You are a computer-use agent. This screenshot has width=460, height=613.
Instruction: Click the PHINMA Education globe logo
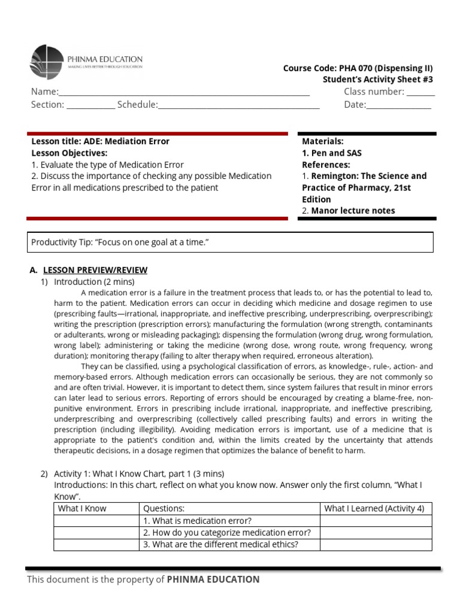coord(46,62)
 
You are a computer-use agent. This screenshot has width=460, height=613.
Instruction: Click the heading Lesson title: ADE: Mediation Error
coord(100,141)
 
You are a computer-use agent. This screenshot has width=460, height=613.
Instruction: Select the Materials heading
coord(322,141)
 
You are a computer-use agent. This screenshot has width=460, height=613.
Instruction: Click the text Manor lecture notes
coord(353,210)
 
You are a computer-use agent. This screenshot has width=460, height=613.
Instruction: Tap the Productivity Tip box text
coord(120,242)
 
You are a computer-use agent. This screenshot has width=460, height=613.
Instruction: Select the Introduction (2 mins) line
coord(94,281)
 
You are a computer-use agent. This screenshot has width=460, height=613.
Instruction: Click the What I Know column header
coord(82,508)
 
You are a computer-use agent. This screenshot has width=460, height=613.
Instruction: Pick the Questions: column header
coord(164,508)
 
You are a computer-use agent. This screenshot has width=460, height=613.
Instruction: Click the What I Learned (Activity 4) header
coord(374,508)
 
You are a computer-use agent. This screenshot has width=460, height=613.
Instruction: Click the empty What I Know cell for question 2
coord(96,532)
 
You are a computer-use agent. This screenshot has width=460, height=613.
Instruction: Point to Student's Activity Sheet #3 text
coord(377,79)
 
